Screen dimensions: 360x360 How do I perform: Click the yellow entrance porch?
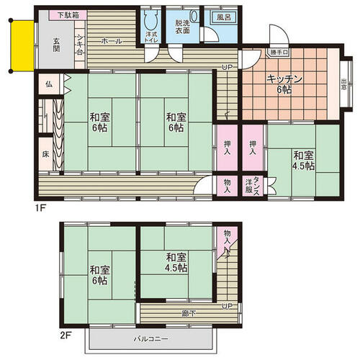point(23,46)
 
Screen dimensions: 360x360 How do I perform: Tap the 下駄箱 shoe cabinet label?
point(68,15)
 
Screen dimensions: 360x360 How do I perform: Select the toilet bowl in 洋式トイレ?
point(151,21)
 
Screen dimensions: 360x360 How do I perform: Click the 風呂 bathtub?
point(223,17)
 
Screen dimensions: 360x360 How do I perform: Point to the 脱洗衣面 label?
point(183,27)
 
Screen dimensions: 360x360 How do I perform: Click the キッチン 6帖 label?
point(284,84)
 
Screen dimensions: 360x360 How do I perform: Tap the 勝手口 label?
point(279,52)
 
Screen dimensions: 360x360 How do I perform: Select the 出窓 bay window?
point(346,84)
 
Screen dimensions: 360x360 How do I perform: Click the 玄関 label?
point(56,45)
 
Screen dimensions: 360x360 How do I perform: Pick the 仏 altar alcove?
point(49,84)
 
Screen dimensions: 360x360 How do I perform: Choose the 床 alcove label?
point(45,154)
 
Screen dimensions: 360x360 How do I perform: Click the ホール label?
point(112,41)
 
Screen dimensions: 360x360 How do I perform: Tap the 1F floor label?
point(40,208)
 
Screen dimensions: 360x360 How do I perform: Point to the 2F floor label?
point(65,335)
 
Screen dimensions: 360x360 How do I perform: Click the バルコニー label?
point(151,339)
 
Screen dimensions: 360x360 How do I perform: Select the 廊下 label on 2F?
point(189,313)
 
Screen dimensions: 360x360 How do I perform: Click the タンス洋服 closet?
point(253,186)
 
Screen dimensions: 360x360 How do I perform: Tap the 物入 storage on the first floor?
point(228,186)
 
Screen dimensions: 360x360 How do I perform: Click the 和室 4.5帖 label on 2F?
point(176,263)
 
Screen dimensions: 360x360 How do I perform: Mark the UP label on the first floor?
point(227,68)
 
